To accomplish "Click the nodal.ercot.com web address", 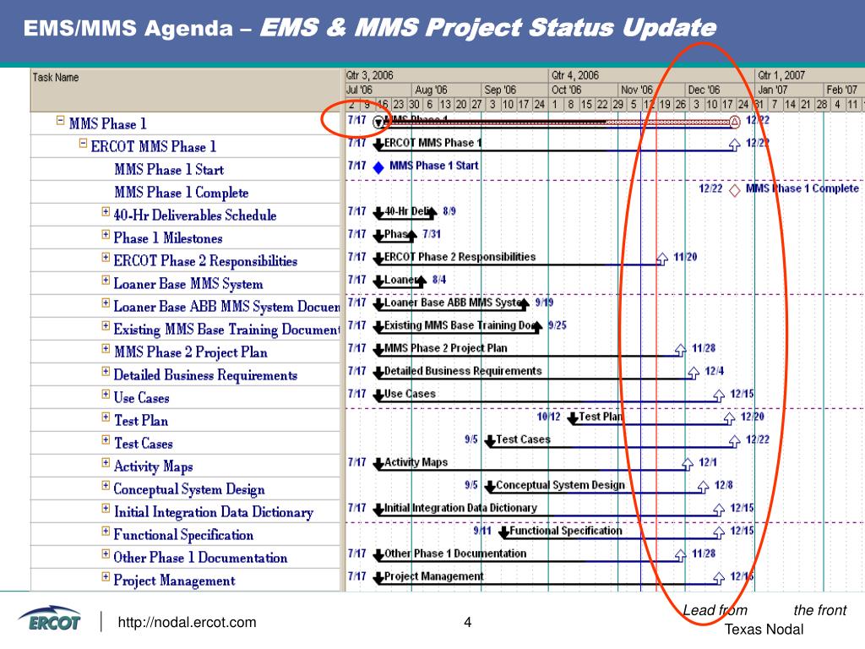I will coord(187,623).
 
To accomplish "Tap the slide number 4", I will coord(467,623).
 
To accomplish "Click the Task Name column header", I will coord(56,78).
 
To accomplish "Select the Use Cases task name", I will coord(141,398).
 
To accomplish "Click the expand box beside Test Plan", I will coord(106,417).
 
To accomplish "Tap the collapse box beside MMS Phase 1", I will coord(60,121).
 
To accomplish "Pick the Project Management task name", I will coord(174,581).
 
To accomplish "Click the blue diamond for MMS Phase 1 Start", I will coord(378,167).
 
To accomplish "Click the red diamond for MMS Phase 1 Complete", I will coord(735,190).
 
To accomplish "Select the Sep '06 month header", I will coord(498,90).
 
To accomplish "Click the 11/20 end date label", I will coord(685,257).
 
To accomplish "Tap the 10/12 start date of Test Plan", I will coord(548,417).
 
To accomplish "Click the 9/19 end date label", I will coord(544,303).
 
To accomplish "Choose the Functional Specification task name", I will coord(183,535).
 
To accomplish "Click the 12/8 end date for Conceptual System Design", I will coord(724,485).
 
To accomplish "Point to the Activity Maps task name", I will coord(153,466).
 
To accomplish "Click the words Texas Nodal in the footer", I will coord(764,630).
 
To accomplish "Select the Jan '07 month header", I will coord(770,90).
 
